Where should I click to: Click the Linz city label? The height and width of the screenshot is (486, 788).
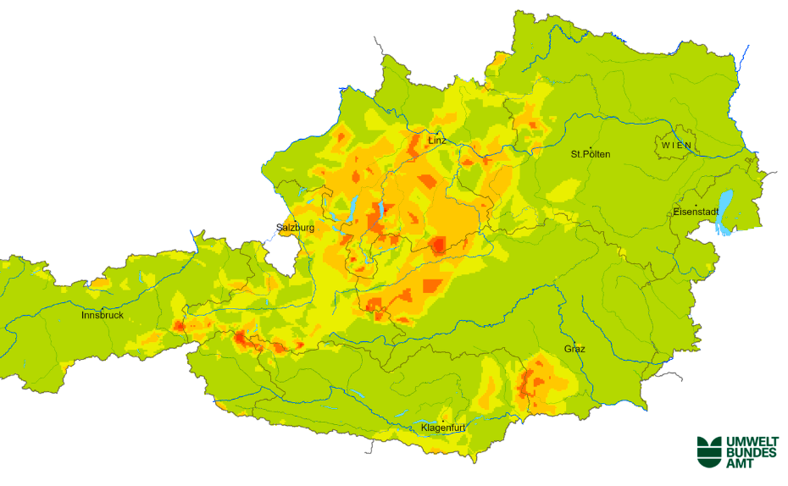(436, 140)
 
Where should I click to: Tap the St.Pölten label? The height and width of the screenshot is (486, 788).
(591, 154)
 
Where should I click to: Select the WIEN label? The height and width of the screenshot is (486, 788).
(677, 146)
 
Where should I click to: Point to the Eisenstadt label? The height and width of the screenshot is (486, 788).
(696, 212)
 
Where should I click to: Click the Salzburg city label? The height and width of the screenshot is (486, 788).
(296, 228)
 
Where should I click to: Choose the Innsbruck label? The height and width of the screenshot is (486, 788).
(102, 315)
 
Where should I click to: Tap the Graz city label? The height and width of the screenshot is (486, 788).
(574, 349)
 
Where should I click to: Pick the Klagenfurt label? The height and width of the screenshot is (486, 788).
(443, 428)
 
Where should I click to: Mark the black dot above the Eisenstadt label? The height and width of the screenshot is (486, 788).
(696, 205)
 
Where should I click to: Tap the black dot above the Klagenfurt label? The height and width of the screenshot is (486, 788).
(442, 420)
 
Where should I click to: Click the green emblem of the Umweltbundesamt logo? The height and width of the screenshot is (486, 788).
(708, 451)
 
